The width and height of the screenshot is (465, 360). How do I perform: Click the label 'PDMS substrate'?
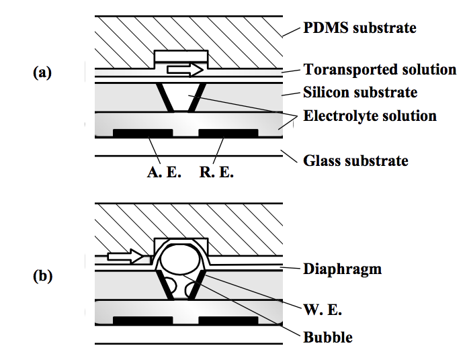(360, 28)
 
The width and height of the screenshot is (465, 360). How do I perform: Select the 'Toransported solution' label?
(380, 70)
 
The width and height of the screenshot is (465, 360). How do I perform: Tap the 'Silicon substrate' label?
(360, 93)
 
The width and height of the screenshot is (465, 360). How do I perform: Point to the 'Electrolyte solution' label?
(370, 116)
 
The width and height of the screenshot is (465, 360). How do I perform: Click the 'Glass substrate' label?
(355, 161)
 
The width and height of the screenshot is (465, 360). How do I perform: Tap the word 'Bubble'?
(327, 336)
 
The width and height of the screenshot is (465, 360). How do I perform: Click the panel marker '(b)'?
(42, 275)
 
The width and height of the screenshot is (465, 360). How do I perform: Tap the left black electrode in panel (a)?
(142, 133)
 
